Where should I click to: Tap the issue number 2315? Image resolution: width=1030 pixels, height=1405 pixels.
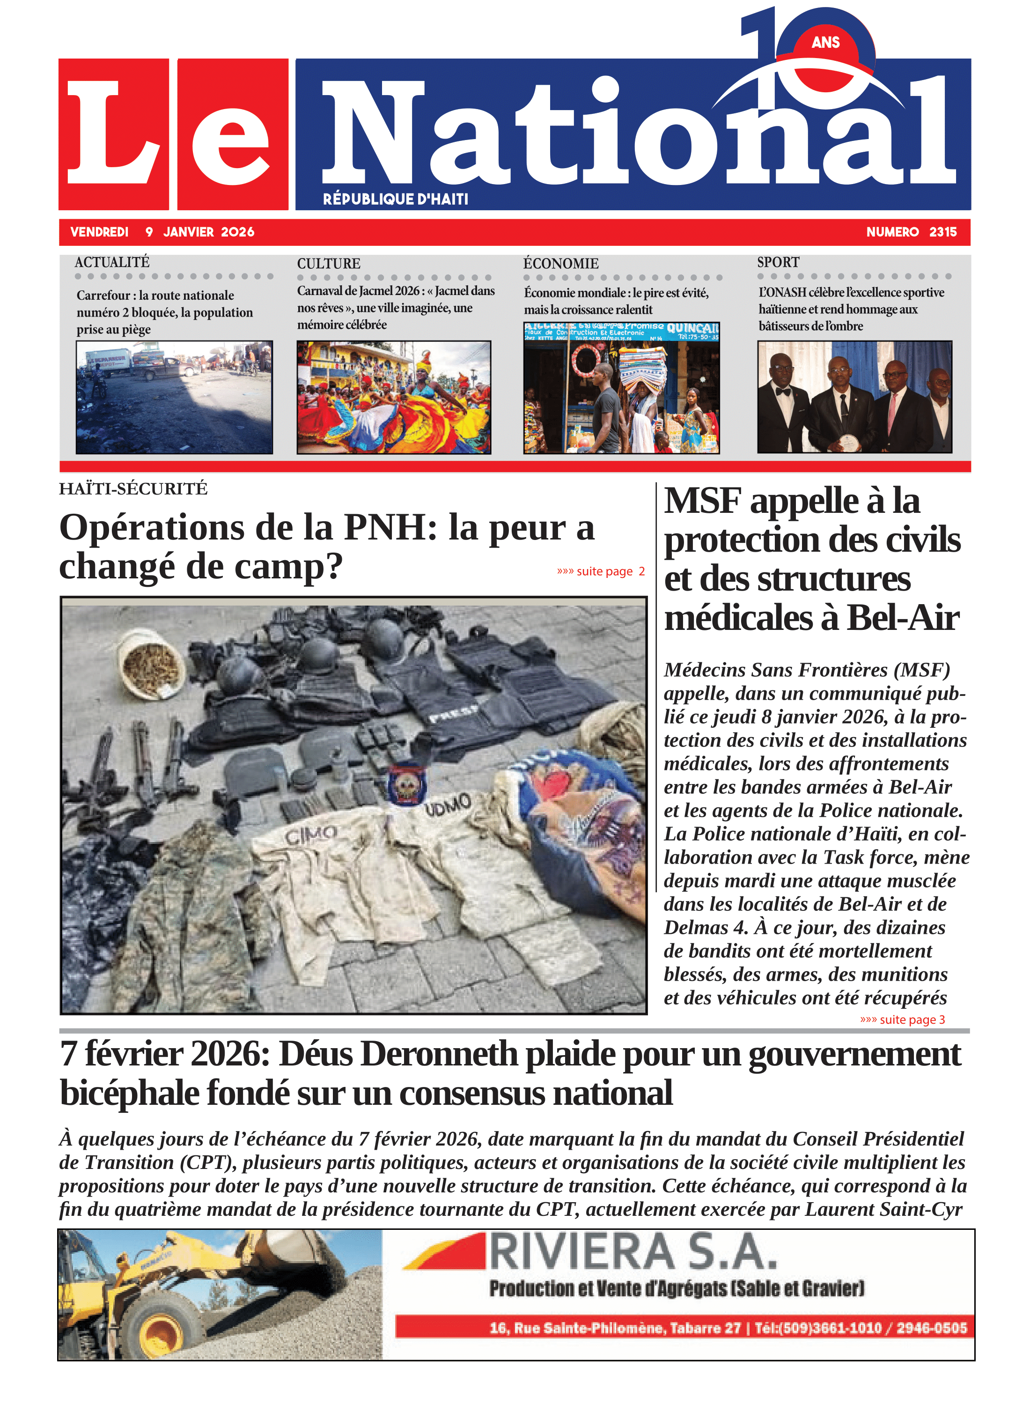pyautogui.click(x=943, y=232)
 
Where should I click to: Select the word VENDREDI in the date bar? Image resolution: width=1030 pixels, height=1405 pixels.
pyautogui.click(x=99, y=232)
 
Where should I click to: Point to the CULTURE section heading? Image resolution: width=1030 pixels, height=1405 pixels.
pyautogui.click(x=329, y=264)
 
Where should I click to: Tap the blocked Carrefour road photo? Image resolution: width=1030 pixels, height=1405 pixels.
pyautogui.click(x=174, y=397)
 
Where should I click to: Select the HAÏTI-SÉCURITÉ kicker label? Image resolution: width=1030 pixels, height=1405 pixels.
pyautogui.click(x=133, y=489)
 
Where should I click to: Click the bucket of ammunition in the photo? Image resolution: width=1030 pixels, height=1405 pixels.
pyautogui.click(x=152, y=666)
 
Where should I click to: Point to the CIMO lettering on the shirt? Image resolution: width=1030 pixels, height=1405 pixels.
pyautogui.click(x=311, y=834)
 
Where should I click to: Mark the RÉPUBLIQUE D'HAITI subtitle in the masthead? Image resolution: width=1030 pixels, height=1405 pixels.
pyautogui.click(x=395, y=200)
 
